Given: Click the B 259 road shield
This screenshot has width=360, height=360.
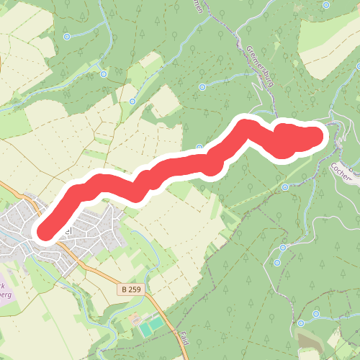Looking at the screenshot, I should coord(129,289).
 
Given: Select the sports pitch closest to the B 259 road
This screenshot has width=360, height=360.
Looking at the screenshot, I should coord(157,323).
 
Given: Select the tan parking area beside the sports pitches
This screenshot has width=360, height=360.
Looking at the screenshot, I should coord(135,319).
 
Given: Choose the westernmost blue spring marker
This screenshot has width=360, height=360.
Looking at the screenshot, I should coord(67,36).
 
